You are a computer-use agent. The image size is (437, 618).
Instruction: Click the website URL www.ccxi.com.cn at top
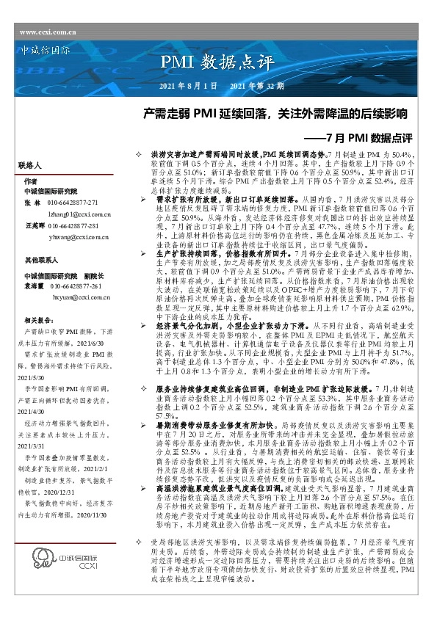point(47,33)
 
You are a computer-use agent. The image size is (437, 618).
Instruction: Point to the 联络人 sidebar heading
point(32,167)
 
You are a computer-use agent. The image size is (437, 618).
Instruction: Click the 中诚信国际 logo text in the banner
point(45,53)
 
